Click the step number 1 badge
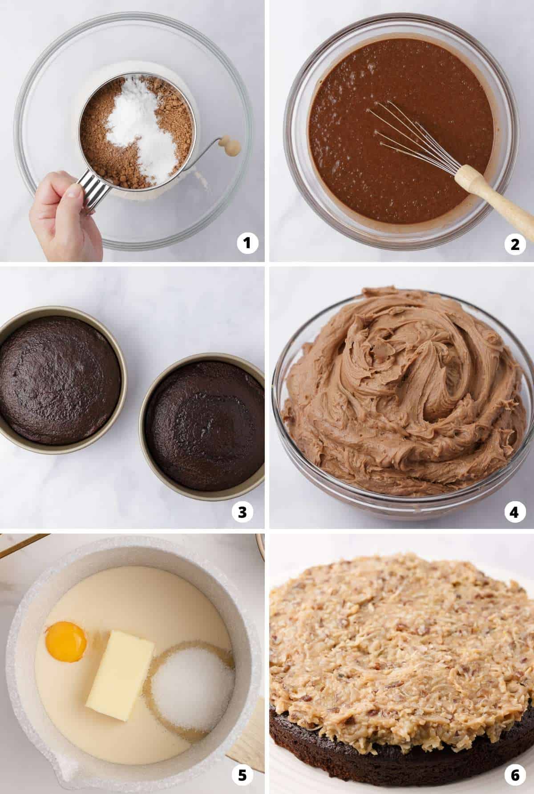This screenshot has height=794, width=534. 247,243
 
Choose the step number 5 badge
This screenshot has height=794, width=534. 242,776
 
